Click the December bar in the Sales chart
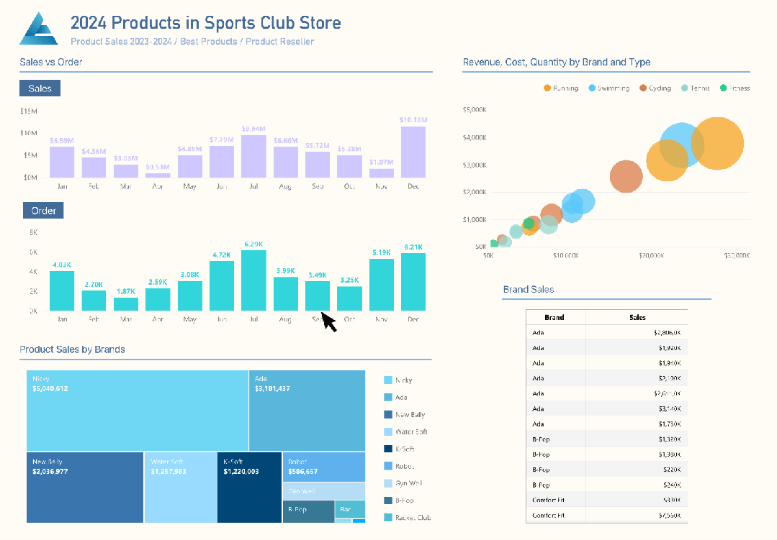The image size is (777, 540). pos(413,152)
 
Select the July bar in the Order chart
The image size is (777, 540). pos(253,280)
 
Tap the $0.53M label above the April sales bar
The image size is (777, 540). pos(158,168)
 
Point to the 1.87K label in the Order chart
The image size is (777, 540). pos(126,291)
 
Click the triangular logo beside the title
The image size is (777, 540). pos(38,29)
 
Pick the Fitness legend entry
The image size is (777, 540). pos(735,88)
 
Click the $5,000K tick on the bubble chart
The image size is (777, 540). pos(475,110)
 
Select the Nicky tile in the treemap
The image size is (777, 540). pos(137,411)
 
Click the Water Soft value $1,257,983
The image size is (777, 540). pos(169,472)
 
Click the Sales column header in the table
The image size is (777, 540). pos(637,317)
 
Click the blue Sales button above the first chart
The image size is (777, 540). pos(40,88)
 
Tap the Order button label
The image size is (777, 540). pos(43,211)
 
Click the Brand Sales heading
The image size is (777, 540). pos(528,290)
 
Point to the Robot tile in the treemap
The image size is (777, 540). pos(323,467)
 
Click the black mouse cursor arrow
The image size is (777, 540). pos(328,321)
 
